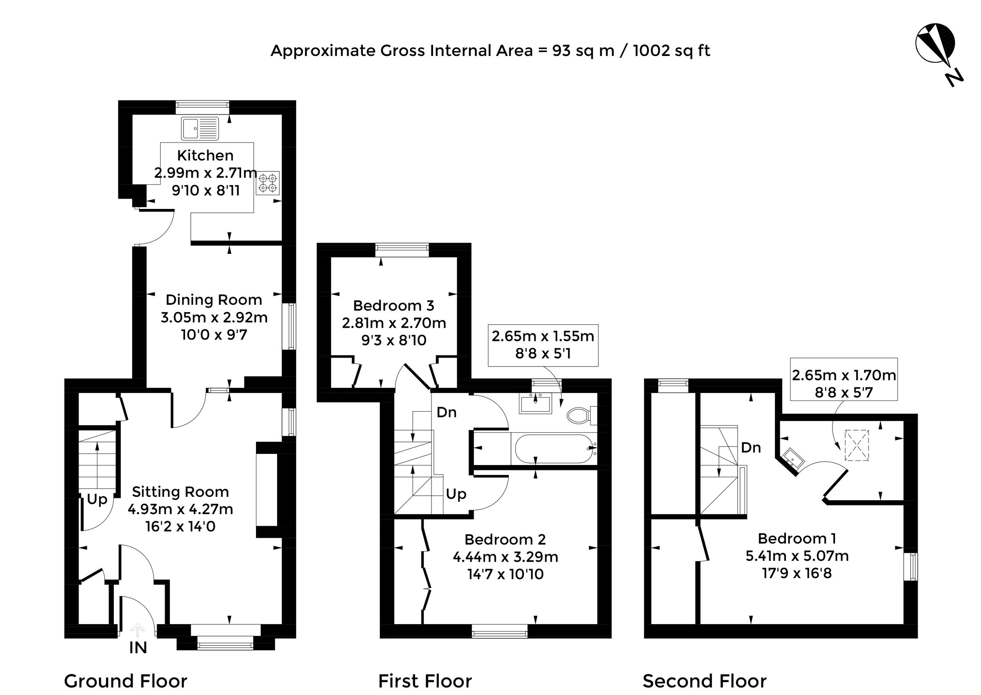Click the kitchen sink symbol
[199, 128]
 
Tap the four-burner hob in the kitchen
[268, 183]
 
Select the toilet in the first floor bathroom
[582, 415]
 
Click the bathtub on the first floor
[554, 449]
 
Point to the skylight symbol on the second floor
[857, 445]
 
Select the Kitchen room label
[205, 155]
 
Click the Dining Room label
[214, 299]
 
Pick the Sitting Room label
[180, 492]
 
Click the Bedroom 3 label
[394, 306]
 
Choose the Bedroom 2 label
[505, 539]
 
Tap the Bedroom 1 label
[797, 538]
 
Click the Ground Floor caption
[125, 681]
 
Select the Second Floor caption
[705, 681]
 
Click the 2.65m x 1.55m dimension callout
[543, 345]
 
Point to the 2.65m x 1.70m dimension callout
[844, 379]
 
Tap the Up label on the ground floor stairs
[97, 499]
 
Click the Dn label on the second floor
[751, 448]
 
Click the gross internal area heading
[490, 51]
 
